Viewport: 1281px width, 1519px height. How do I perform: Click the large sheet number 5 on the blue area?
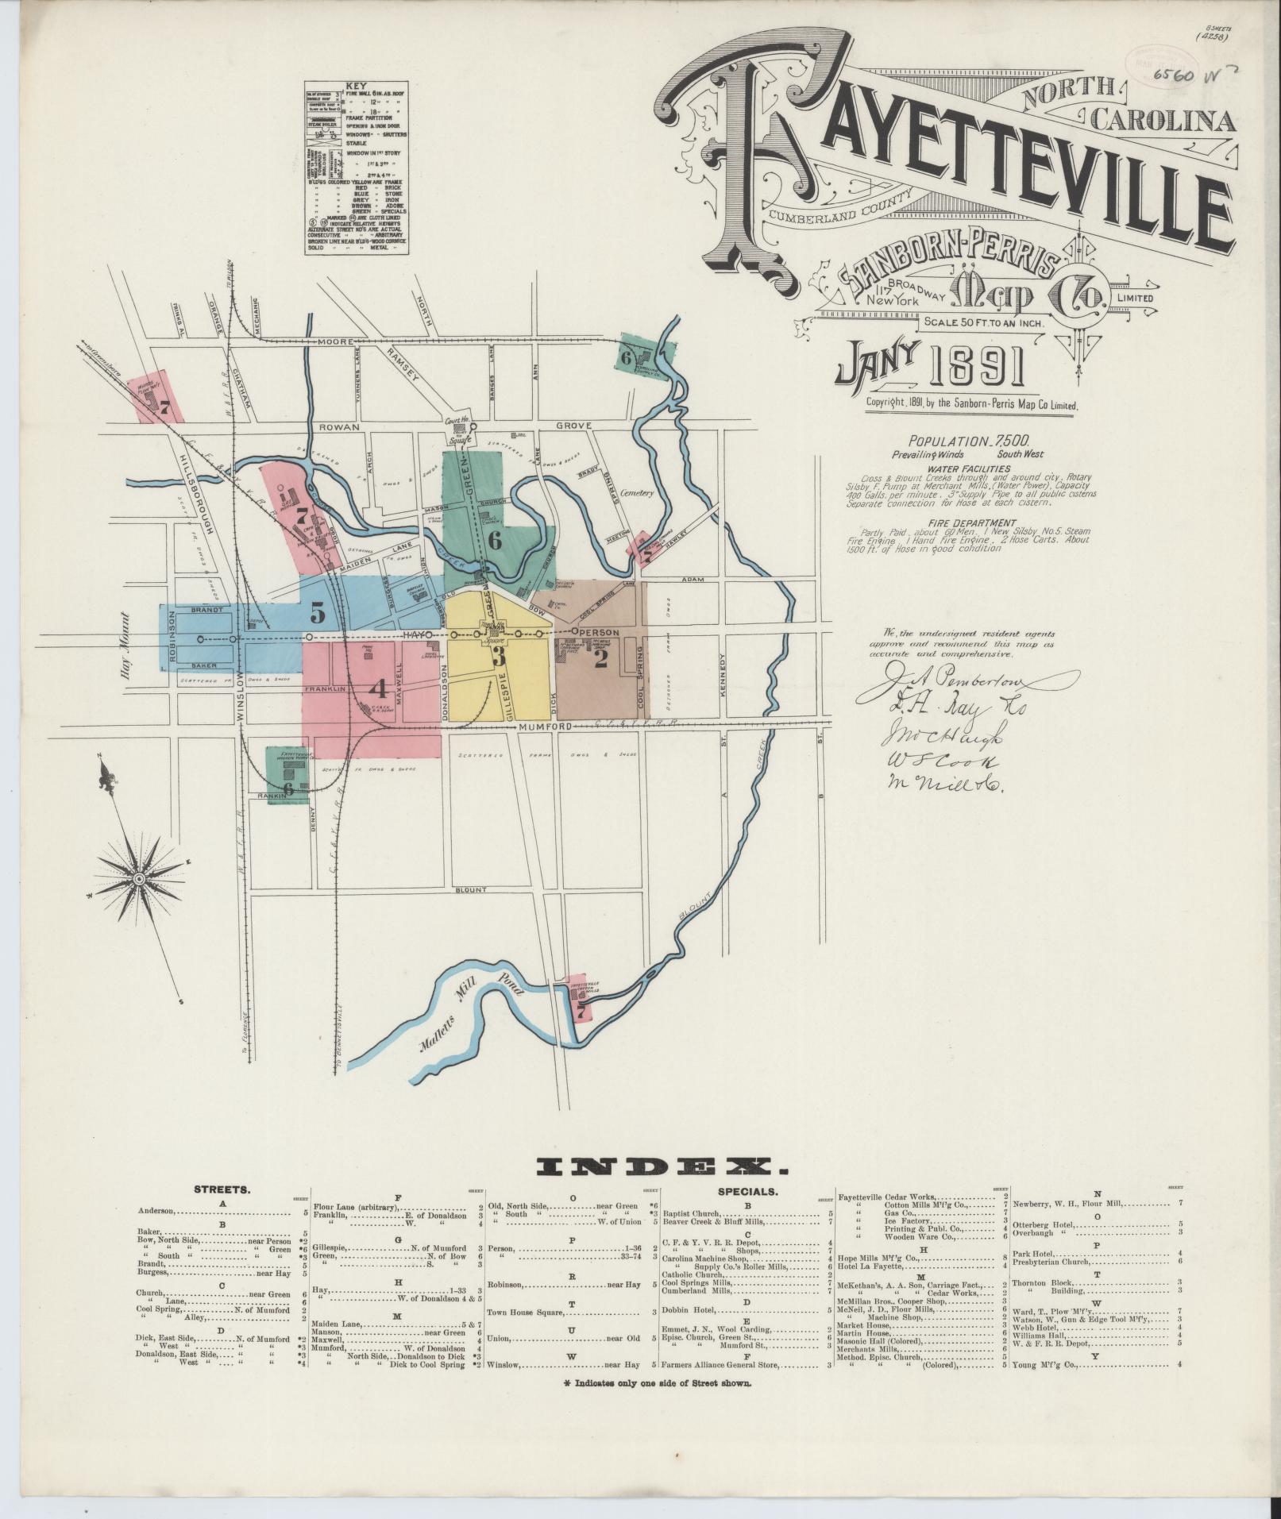318,613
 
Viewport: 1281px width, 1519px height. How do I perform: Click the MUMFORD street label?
546,727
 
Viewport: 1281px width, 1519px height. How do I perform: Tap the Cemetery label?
637,493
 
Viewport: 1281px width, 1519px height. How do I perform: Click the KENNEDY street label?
723,675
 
